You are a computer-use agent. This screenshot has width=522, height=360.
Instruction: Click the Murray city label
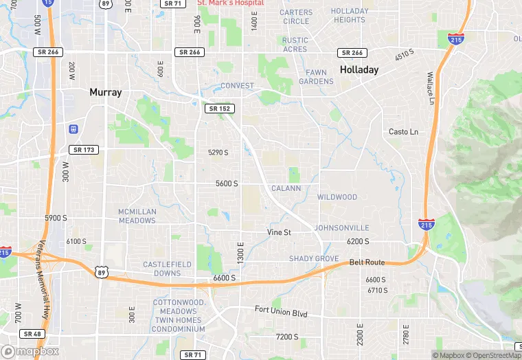point(105,92)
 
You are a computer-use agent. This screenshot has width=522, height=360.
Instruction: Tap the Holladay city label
point(359,70)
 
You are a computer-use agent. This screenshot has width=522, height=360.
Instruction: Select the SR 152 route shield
point(220,109)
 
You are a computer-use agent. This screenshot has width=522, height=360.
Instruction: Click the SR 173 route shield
point(84,150)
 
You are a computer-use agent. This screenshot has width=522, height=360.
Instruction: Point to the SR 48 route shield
point(32,334)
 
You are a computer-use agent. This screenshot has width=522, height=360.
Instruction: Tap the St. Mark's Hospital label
point(229,3)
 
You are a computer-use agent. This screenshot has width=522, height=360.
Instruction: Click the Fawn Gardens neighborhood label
point(316,77)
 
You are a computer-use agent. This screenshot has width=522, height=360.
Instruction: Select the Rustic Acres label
point(295,45)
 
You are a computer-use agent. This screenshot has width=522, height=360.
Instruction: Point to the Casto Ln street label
point(403,132)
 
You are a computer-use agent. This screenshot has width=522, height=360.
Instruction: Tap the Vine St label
point(279,232)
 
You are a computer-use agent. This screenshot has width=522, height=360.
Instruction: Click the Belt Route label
point(367,262)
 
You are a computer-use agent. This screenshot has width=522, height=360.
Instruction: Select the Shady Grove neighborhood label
point(314,259)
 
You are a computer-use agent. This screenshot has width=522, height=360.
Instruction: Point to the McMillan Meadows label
point(137,216)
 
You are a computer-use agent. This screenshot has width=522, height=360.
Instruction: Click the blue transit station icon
point(73,128)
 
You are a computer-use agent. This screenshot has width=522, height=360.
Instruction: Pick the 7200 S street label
point(287,337)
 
